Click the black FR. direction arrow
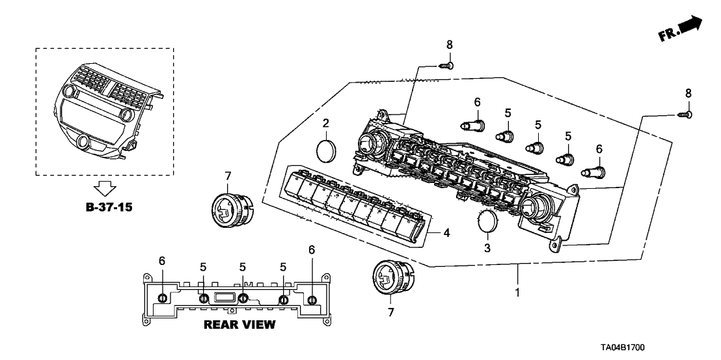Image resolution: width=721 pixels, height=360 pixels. click(689, 26)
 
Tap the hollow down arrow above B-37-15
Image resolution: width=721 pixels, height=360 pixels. click(104, 189)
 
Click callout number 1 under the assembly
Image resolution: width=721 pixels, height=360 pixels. click(518, 293)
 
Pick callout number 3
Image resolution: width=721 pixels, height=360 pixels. click(486, 247)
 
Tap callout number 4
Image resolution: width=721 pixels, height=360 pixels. click(446, 232)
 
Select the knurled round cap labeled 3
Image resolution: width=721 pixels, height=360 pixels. click(487, 222)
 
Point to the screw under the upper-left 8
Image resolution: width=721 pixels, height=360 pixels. click(446, 65)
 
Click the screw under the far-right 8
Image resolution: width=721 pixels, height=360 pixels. click(684, 115)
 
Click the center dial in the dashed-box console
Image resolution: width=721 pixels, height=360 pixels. click(83, 141)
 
